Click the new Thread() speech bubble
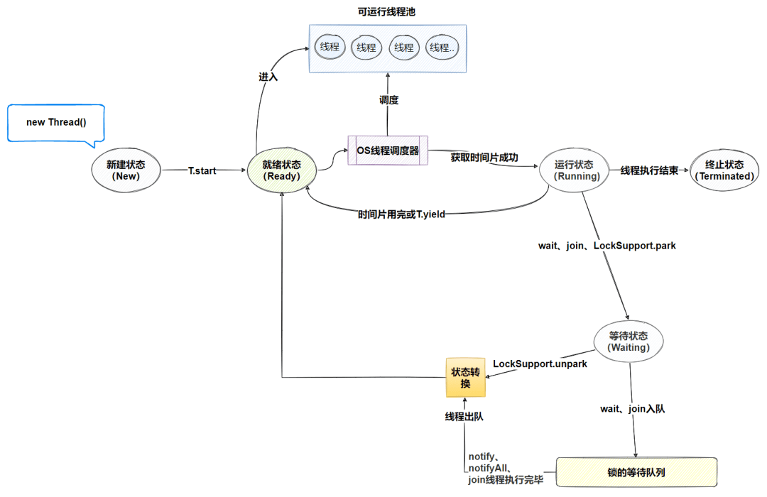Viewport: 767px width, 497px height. (56, 122)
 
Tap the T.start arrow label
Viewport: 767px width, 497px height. (202, 171)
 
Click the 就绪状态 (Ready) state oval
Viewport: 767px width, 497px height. (281, 170)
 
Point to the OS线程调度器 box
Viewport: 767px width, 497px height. (388, 151)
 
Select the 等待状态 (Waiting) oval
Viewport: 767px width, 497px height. (629, 342)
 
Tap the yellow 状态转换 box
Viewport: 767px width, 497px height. (466, 377)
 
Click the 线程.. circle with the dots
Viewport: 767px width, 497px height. (442, 48)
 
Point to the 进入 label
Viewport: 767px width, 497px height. (268, 76)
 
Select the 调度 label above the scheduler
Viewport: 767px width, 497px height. (388, 100)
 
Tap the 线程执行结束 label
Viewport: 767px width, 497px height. (649, 171)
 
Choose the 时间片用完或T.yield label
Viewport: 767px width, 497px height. (401, 214)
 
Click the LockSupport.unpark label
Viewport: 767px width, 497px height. (540, 364)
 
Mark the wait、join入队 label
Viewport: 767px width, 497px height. (633, 409)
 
